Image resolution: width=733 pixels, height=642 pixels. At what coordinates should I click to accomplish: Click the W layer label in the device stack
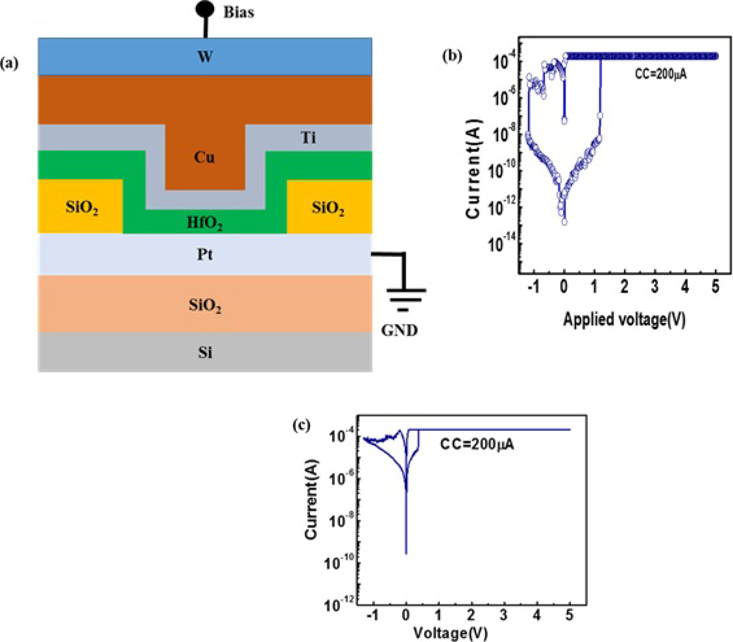pos(205,57)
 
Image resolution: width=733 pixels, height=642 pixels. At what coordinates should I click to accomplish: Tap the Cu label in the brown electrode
pos(204,157)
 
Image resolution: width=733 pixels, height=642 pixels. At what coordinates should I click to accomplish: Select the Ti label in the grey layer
pos(308,138)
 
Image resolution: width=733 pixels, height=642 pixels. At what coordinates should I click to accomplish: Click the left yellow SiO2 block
pos(81,207)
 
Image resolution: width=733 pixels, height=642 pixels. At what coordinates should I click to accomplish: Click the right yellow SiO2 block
pos(328,208)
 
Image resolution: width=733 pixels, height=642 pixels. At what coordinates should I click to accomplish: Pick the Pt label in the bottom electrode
pos(205,254)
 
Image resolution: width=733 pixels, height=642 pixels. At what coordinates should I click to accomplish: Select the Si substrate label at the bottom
pos(205,352)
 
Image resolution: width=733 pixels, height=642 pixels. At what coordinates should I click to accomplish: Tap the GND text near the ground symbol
pos(399,330)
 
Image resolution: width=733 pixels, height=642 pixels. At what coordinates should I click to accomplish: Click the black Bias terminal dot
pos(205,9)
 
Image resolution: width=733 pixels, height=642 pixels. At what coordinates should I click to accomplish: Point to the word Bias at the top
pos(239,12)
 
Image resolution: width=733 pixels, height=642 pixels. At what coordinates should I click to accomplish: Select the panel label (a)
pos(9,64)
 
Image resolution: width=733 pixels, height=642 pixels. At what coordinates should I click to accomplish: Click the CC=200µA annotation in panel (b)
pos(661,74)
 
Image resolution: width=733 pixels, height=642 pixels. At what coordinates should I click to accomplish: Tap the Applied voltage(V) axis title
pos(624,319)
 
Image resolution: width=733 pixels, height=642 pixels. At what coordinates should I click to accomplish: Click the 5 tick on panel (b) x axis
pos(715,287)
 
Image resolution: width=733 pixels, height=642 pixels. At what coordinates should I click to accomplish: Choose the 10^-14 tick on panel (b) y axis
pos(500,243)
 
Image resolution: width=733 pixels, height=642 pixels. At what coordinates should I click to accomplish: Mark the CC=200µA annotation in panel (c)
pos(476,445)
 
